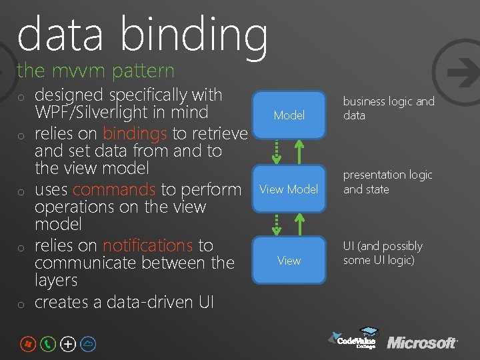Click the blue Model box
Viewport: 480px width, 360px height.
point(289,115)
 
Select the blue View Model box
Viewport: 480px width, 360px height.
point(289,189)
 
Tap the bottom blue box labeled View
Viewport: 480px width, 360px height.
point(289,260)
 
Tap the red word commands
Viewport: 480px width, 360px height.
point(114,189)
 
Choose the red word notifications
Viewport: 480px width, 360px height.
point(147,245)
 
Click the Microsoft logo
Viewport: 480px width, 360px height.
point(422,343)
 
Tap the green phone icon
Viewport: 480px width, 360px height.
point(48,344)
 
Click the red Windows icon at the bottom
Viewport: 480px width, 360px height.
point(27,344)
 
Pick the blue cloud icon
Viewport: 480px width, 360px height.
point(89,344)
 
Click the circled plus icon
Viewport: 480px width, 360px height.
point(68,344)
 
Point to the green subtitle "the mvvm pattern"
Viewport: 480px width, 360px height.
point(95,70)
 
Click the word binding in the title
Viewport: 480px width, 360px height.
point(193,33)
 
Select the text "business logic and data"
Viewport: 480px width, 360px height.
point(388,108)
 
